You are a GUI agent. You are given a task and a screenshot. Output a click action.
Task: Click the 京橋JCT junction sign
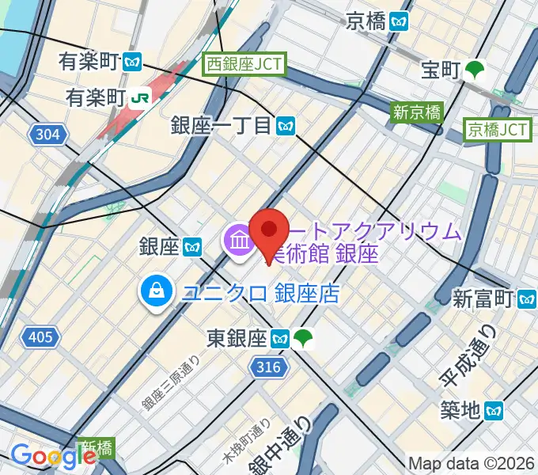(497, 129)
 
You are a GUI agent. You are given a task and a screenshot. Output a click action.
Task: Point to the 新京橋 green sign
(417, 112)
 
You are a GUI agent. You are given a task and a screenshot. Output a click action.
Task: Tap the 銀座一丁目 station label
(233, 124)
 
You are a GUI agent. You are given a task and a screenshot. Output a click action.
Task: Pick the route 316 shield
(269, 365)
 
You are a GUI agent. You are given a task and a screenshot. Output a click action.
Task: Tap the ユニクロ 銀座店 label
(260, 294)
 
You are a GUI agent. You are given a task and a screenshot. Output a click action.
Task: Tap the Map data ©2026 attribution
(472, 463)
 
